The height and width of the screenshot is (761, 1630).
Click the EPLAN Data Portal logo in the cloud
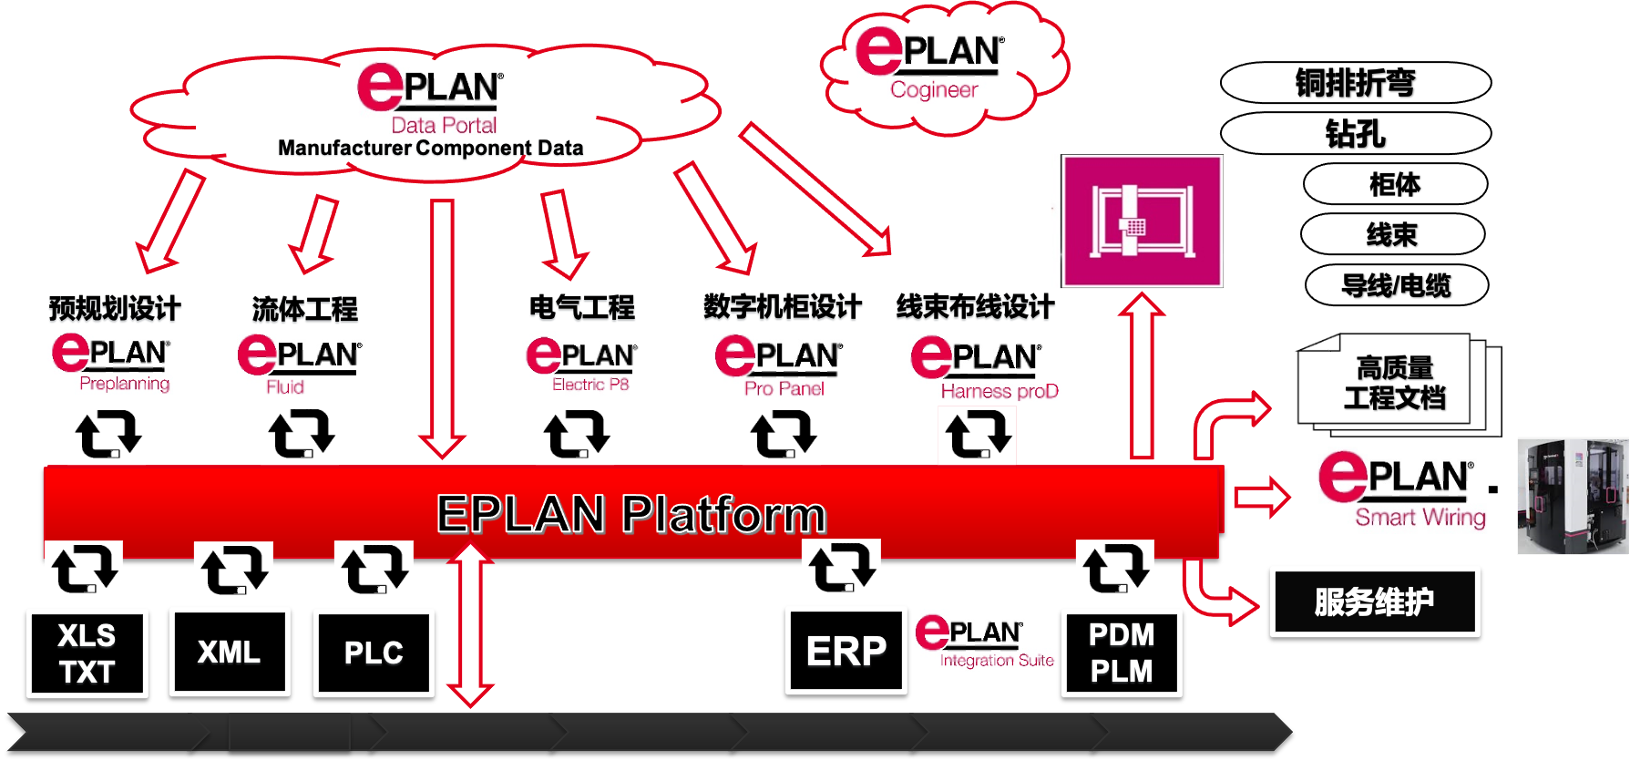[x=430, y=98]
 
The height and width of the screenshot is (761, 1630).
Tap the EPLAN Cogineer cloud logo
[x=931, y=62]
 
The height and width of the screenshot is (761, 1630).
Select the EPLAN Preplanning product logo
[x=110, y=363]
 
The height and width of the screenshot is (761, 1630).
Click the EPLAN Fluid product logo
[x=300, y=364]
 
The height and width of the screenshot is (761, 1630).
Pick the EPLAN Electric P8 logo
[x=580, y=364]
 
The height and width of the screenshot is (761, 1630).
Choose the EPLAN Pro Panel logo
[x=779, y=365]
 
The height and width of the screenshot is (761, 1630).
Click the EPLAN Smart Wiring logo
[x=1400, y=490]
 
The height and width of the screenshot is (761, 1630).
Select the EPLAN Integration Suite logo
[x=985, y=641]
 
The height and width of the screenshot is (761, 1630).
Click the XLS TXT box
[x=87, y=653]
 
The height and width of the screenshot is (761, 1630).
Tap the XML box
[x=230, y=652]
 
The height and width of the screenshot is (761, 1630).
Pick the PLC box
[x=374, y=653]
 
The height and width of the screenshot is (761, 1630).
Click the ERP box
[x=846, y=651]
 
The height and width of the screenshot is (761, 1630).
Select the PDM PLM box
[x=1122, y=653]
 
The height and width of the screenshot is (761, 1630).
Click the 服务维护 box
[x=1374, y=602]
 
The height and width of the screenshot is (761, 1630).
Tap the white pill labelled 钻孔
[x=1355, y=134]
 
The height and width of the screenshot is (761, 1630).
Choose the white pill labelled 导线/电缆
[x=1396, y=285]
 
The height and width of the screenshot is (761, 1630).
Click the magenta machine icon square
[x=1143, y=221]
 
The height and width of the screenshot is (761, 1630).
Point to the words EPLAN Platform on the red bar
[x=630, y=513]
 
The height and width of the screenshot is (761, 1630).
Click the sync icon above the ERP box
[x=841, y=569]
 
